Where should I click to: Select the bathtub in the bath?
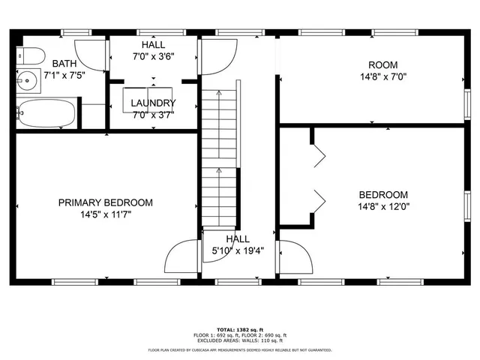coord(46,114)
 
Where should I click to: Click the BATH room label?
coord(64,64)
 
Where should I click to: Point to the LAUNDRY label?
coord(153,103)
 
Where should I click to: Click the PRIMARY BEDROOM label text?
coord(106,202)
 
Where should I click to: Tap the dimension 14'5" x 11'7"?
coord(106,214)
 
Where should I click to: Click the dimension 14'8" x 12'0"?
coord(383,206)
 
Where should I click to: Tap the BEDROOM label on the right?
coord(383,194)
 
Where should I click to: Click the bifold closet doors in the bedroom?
coord(318,178)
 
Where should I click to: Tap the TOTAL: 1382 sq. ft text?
coord(239,329)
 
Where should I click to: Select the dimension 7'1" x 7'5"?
coord(64,75)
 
